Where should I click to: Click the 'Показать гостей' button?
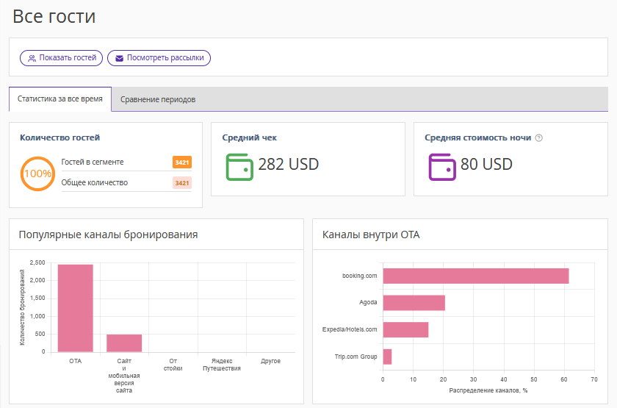tap(62, 58)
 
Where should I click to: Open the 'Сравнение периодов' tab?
tap(158, 99)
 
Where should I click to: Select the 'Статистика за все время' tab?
tap(60, 99)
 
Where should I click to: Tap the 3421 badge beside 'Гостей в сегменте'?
tap(182, 162)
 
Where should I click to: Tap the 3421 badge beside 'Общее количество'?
tap(182, 183)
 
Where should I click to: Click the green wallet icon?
tap(239, 167)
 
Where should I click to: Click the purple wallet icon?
tap(442, 167)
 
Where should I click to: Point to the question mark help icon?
tap(539, 138)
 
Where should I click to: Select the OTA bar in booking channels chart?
tap(76, 308)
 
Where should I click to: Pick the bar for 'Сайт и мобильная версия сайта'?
tap(124, 343)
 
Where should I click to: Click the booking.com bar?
tap(476, 276)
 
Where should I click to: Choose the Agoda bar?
tap(414, 303)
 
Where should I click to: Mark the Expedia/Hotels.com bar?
tap(405, 329)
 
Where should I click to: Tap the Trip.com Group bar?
tap(387, 357)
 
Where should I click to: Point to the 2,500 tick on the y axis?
tap(37, 262)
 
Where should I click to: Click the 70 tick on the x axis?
tap(594, 379)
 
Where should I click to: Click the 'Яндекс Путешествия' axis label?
tap(222, 365)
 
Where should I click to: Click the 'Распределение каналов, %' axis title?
tap(488, 390)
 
